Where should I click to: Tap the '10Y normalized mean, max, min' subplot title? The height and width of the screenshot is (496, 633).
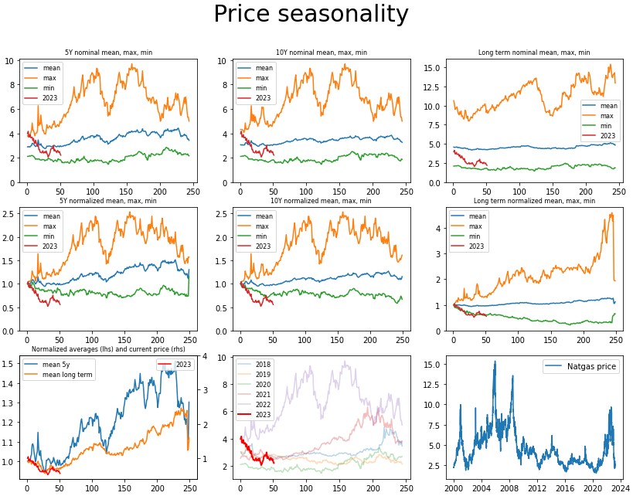click(321, 201)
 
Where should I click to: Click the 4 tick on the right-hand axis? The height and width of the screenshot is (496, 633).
click(205, 356)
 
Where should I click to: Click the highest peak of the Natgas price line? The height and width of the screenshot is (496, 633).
click(495, 361)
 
